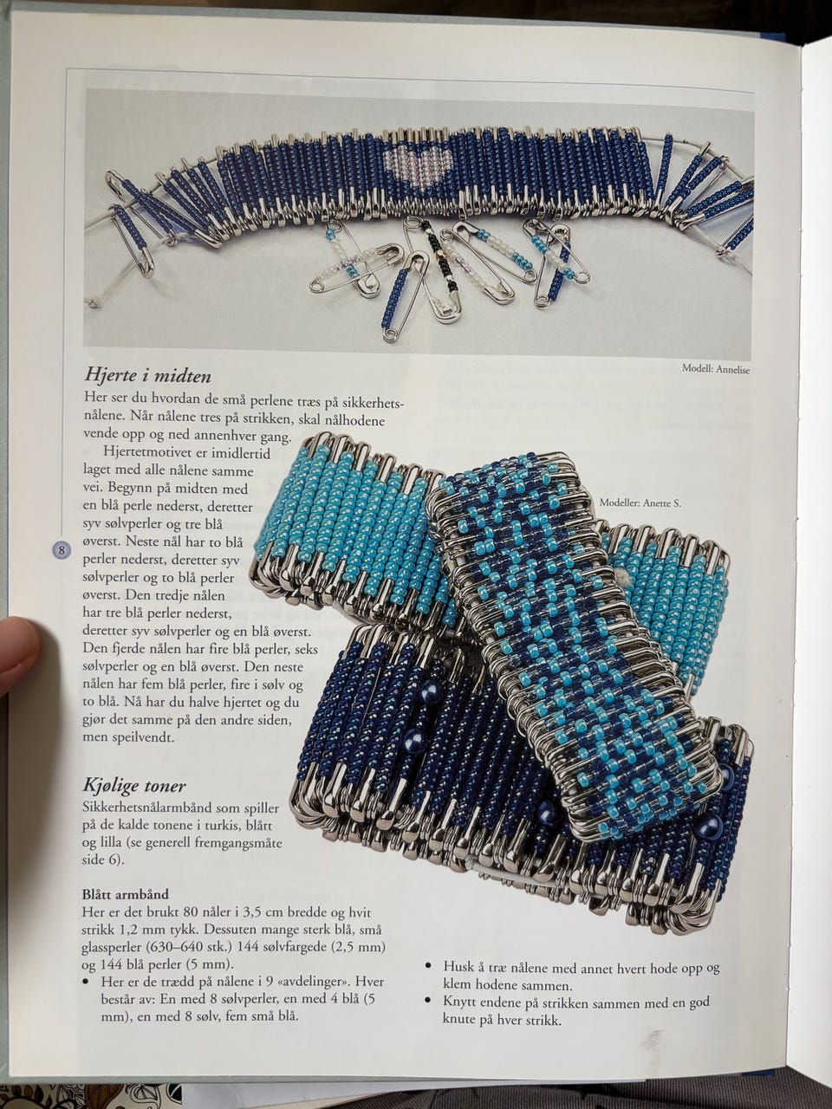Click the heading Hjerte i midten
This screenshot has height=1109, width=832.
click(x=147, y=375)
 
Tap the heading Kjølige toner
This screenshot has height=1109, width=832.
click(x=133, y=785)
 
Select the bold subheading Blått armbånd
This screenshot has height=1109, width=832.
click(x=126, y=894)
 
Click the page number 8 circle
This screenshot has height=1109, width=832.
click(x=62, y=549)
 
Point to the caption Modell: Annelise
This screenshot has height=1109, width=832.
click(x=716, y=369)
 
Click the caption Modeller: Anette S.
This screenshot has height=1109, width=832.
click(x=640, y=503)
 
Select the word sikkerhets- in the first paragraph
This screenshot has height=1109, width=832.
click(x=373, y=403)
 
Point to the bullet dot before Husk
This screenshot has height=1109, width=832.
click(x=429, y=967)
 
